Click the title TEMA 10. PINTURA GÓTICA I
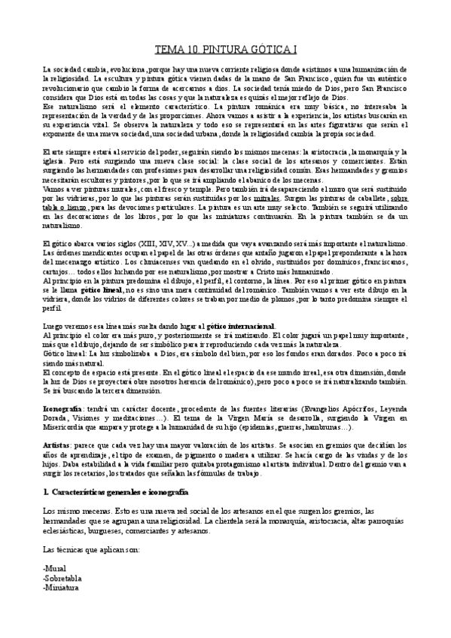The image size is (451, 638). point(225,50)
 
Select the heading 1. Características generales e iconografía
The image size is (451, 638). point(115,491)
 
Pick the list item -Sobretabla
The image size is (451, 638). point(62,578)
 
